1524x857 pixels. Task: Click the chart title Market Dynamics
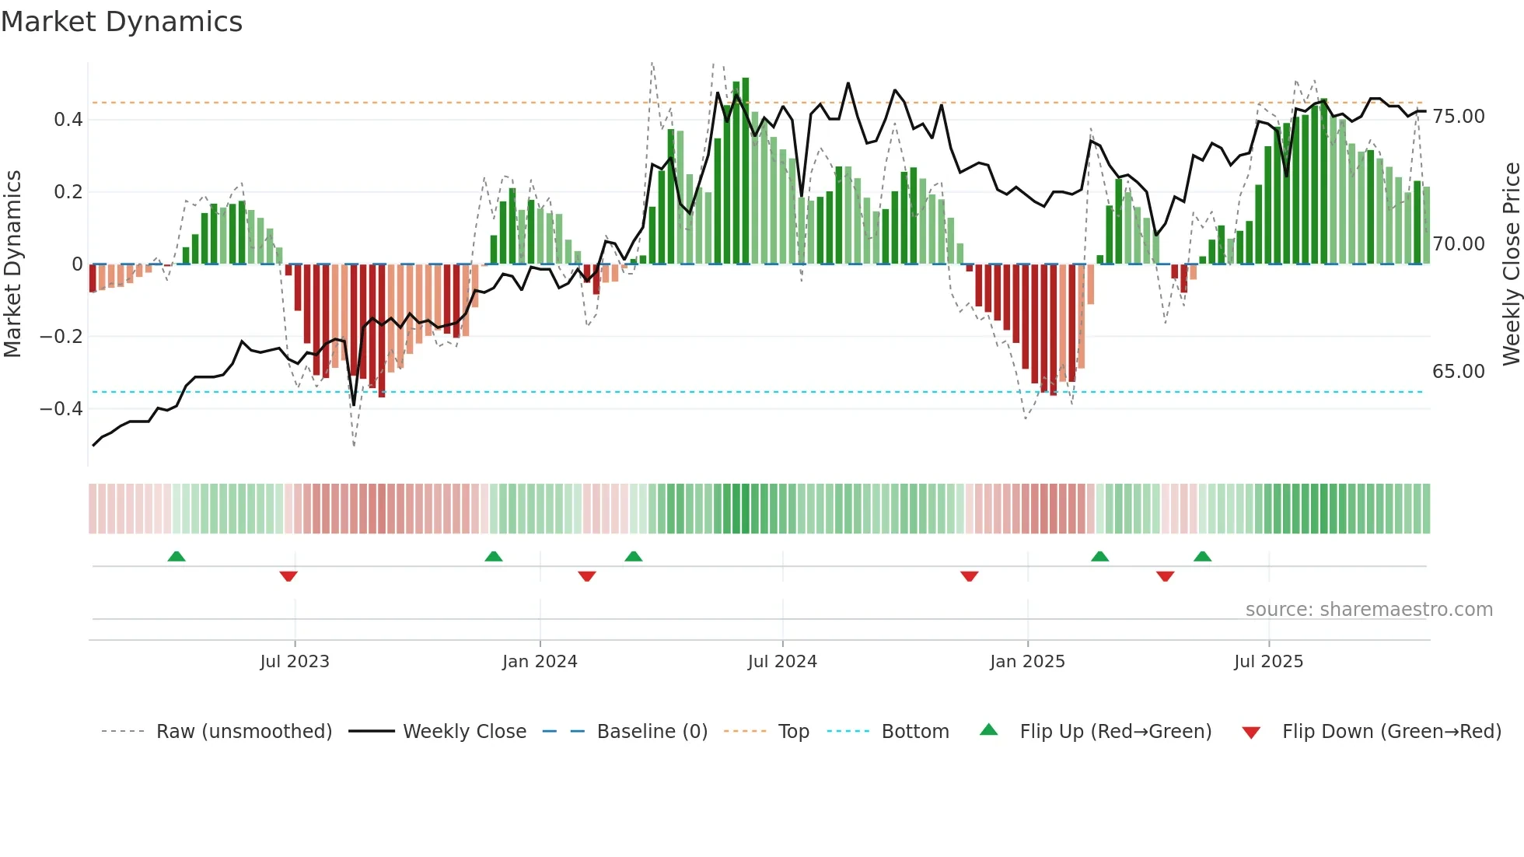pyautogui.click(x=121, y=22)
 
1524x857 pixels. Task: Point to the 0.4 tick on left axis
pyautogui.click(x=68, y=120)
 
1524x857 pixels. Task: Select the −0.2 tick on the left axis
pyautogui.click(x=61, y=337)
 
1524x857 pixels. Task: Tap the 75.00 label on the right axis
pyautogui.click(x=1458, y=117)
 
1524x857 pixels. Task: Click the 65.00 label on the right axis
pyautogui.click(x=1458, y=372)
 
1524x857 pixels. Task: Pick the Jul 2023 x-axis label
pyautogui.click(x=295, y=662)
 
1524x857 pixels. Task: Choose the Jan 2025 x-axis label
pyautogui.click(x=1027, y=662)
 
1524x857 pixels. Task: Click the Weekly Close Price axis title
pyautogui.click(x=1511, y=264)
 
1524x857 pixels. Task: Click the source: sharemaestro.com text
pyautogui.click(x=1368, y=610)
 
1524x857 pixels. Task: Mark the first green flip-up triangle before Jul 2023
pyautogui.click(x=177, y=556)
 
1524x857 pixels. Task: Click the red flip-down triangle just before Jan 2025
pyautogui.click(x=969, y=576)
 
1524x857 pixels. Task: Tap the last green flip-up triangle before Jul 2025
pyautogui.click(x=1202, y=556)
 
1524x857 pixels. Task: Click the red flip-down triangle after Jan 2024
pyautogui.click(x=587, y=576)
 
